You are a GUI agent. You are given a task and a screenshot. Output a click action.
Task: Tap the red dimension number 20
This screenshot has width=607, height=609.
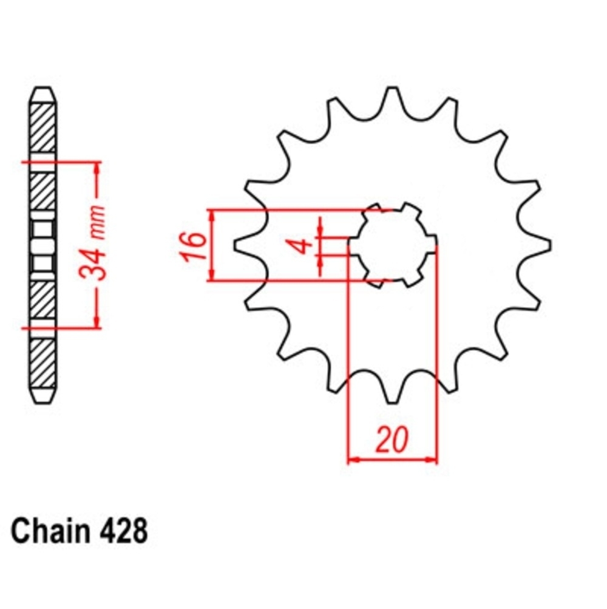pyautogui.click(x=392, y=440)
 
